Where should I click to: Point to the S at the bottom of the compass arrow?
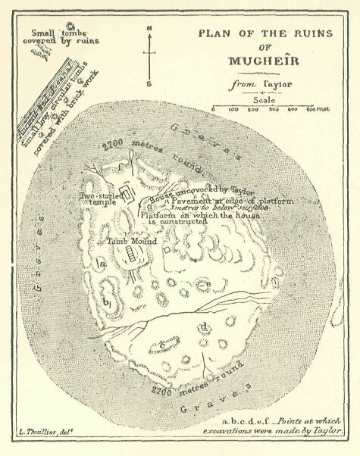[149, 83]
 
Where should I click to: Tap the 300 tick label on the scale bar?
[272, 111]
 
